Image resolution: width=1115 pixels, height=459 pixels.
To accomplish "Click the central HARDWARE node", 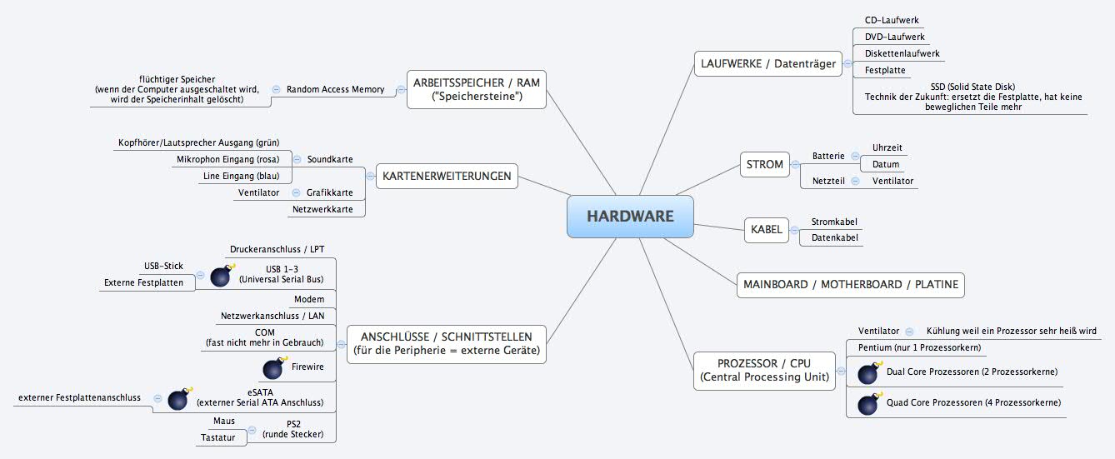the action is [630, 217].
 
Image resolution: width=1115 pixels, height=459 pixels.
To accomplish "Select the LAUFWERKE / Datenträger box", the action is [767, 63].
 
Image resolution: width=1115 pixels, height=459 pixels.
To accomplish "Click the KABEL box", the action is [766, 230].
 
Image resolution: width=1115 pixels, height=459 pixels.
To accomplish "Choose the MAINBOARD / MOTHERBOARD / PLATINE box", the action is [849, 284].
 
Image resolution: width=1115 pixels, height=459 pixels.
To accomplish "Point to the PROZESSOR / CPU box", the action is [764, 370].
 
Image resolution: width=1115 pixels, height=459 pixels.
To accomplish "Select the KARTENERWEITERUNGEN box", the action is [447, 176].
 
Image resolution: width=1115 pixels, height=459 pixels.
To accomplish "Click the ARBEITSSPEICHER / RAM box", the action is [477, 89].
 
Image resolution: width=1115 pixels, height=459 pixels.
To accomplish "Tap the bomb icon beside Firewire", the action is [273, 368].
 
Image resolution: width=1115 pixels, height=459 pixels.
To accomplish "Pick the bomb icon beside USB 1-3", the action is [221, 276].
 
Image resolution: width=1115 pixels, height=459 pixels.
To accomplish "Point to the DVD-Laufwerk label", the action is [894, 37].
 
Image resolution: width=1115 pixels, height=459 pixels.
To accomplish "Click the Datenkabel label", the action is [834, 238].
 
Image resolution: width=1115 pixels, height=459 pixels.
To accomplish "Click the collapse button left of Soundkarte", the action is [297, 159].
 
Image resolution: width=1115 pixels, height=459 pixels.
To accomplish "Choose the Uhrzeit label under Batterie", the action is [887, 147].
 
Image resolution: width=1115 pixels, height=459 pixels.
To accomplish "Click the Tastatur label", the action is [217, 437].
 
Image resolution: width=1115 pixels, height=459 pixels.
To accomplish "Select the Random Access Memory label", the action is [335, 89].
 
